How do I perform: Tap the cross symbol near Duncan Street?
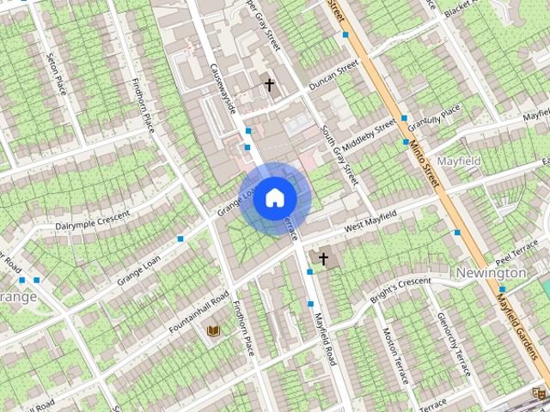pos(269,85)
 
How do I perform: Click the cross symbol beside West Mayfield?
pos(324,257)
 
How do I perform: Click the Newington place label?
pos(491,273)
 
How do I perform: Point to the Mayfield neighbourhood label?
pos(459,161)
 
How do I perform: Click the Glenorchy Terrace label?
pos(453,342)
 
